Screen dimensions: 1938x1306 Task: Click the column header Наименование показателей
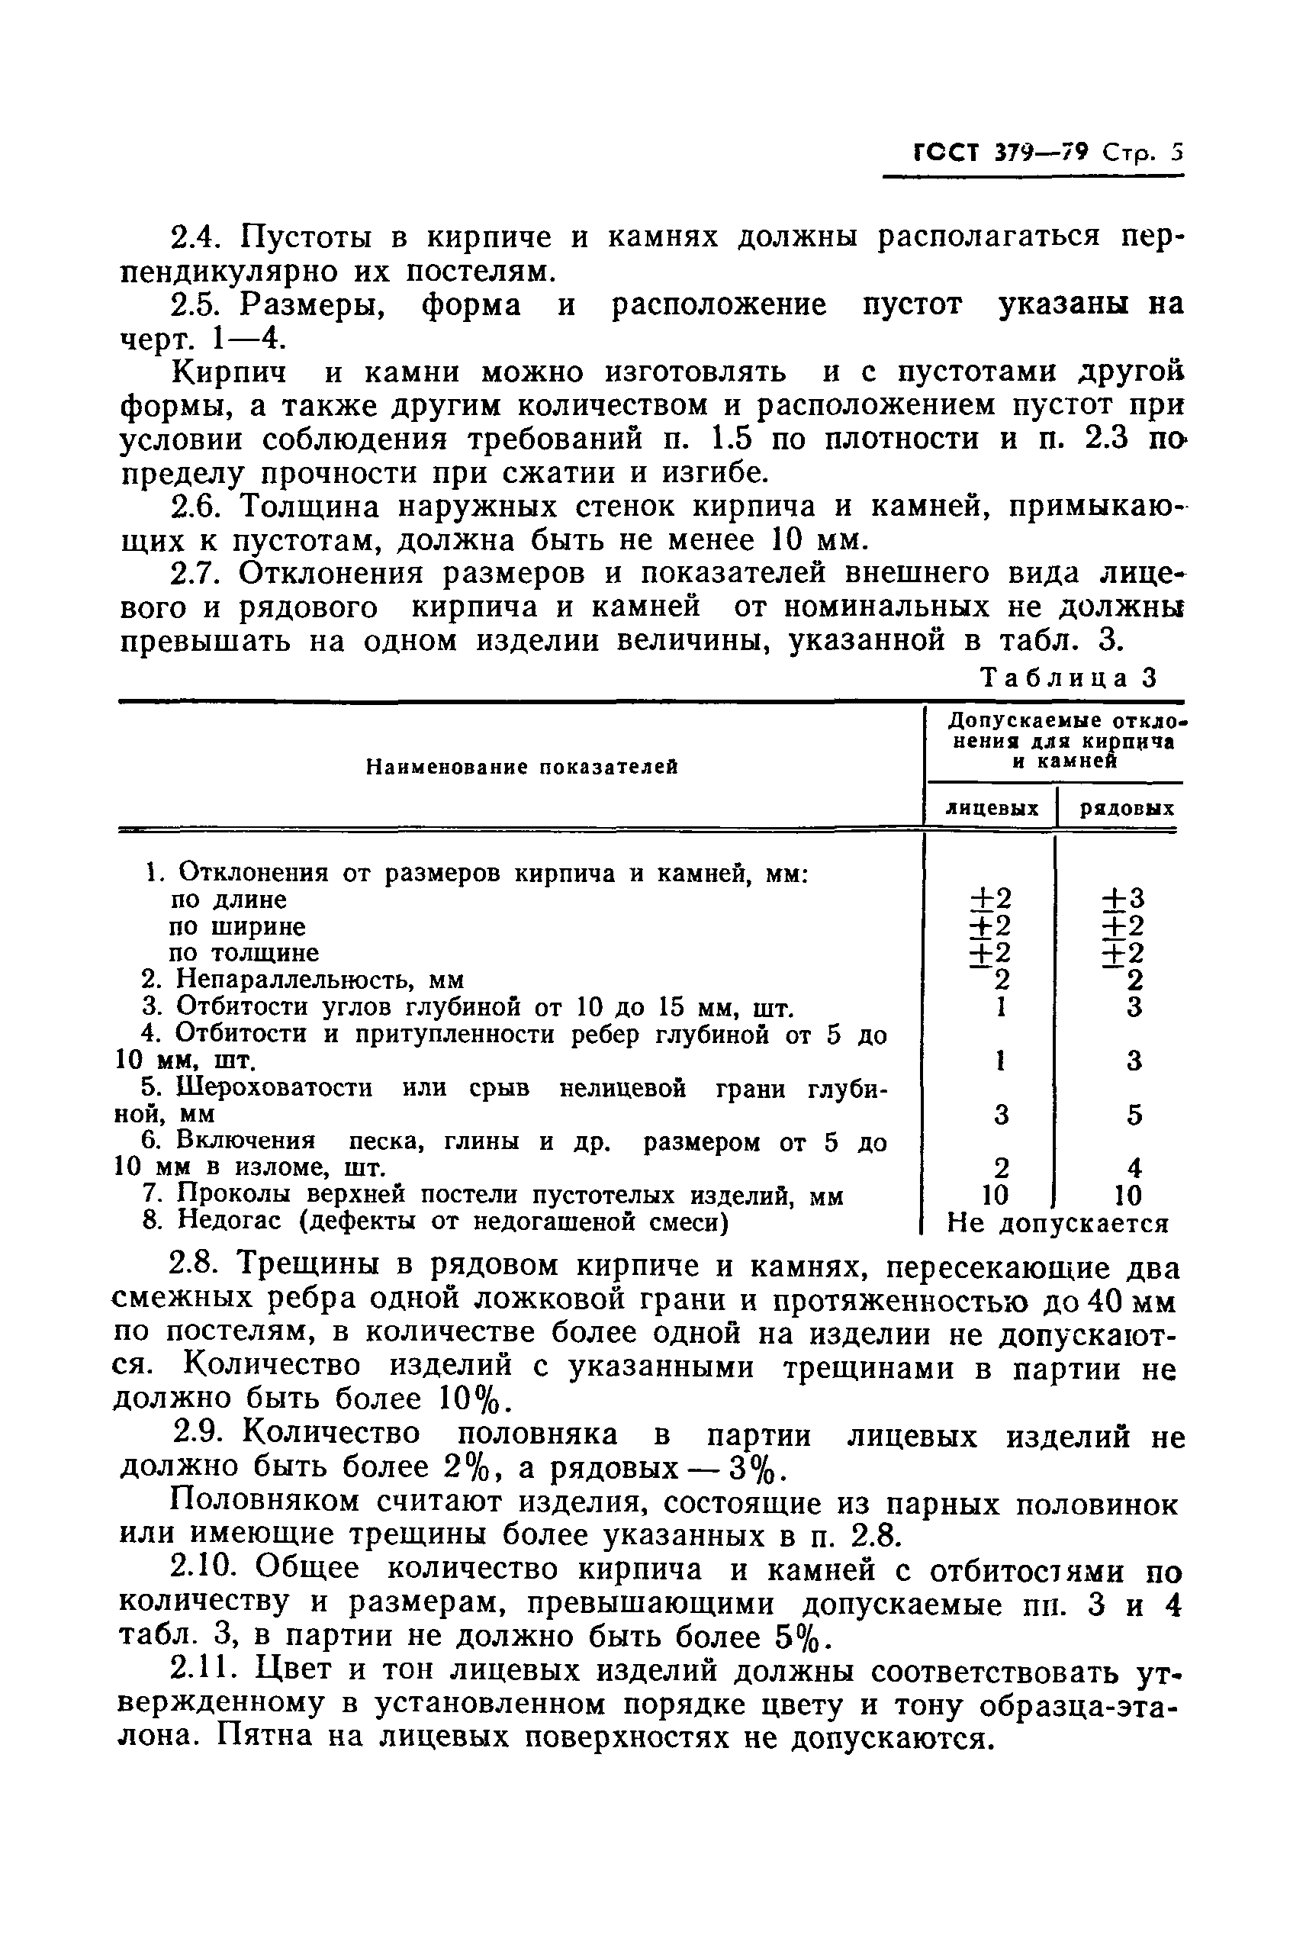pos(523,767)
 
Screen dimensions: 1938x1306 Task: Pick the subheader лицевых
pos(991,808)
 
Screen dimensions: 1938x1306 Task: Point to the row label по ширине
pos(237,926)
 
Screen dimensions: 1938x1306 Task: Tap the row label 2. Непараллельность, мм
pos(303,980)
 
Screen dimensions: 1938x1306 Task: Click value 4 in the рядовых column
pos(1134,1167)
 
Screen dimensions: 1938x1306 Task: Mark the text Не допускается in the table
pos(1059,1222)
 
